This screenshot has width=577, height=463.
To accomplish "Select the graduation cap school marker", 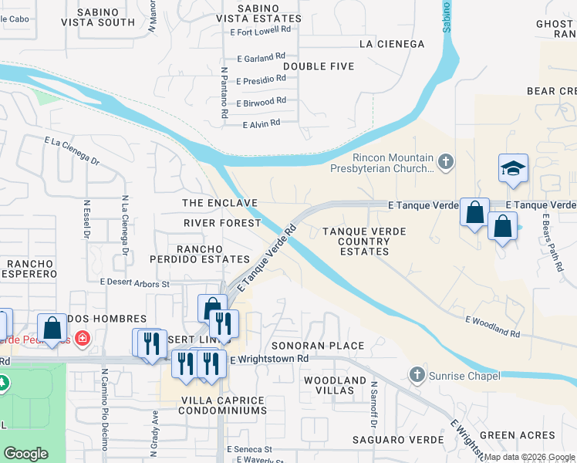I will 511,168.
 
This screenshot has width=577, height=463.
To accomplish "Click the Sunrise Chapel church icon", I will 417,375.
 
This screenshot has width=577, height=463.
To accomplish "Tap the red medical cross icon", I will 81,339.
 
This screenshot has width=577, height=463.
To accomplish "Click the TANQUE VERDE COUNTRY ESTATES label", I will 356,241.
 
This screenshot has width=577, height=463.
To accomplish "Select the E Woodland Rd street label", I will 492,326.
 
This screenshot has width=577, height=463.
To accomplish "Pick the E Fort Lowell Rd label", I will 261,30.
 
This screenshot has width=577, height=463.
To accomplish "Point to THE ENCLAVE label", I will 219,202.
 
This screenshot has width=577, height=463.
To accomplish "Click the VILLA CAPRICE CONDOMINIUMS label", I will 222,406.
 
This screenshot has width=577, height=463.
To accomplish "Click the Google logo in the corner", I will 25,454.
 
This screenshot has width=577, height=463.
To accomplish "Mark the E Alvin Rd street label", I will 261,123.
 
